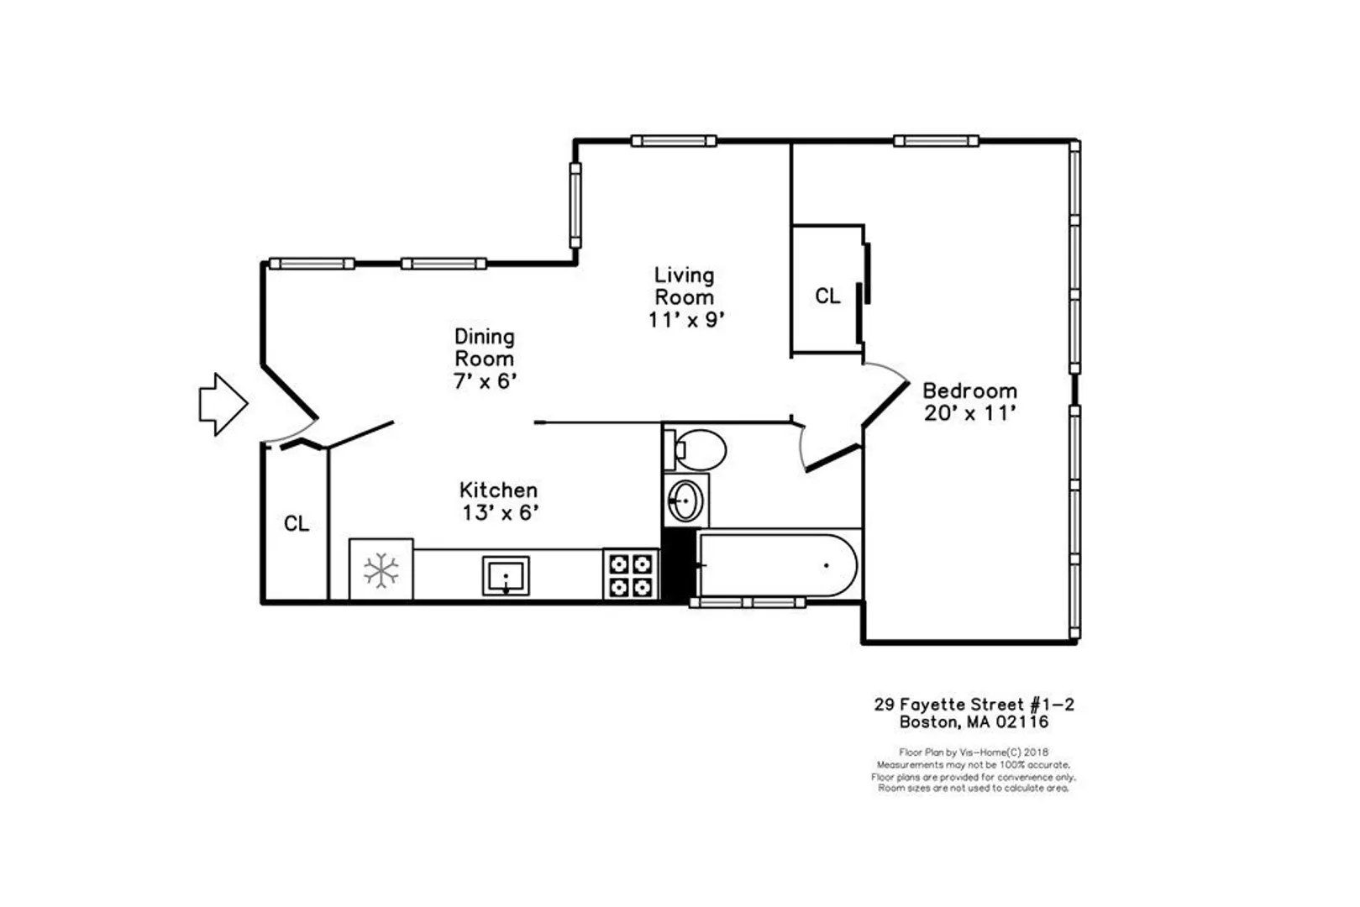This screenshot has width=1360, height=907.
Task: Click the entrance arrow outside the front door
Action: [x=223, y=404]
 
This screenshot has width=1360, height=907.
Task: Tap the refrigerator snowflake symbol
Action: [x=381, y=570]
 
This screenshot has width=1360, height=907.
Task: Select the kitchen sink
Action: [x=506, y=575]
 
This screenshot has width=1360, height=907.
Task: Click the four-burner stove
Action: [x=630, y=575]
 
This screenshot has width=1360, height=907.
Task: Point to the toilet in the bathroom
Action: [x=696, y=450]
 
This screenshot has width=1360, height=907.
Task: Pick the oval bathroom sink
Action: [x=685, y=501]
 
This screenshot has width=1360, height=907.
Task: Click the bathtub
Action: [x=778, y=565]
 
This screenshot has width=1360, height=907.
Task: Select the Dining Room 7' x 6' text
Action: [x=485, y=359]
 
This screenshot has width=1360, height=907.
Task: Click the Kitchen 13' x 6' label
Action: [x=499, y=501]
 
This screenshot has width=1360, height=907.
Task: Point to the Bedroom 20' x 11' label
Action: [x=969, y=402]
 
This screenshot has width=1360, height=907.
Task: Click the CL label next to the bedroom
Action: [x=827, y=296]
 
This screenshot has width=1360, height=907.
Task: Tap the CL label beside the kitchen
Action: [x=297, y=523]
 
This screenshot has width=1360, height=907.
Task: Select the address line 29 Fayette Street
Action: [x=948, y=705]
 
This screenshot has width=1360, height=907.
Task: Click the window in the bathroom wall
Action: [x=748, y=602]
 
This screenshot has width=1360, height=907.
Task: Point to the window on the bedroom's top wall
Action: [x=936, y=141]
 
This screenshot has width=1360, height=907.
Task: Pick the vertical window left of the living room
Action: [x=575, y=205]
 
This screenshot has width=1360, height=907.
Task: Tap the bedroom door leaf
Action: [x=885, y=405]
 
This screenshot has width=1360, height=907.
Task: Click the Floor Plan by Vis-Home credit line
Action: [x=974, y=752]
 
